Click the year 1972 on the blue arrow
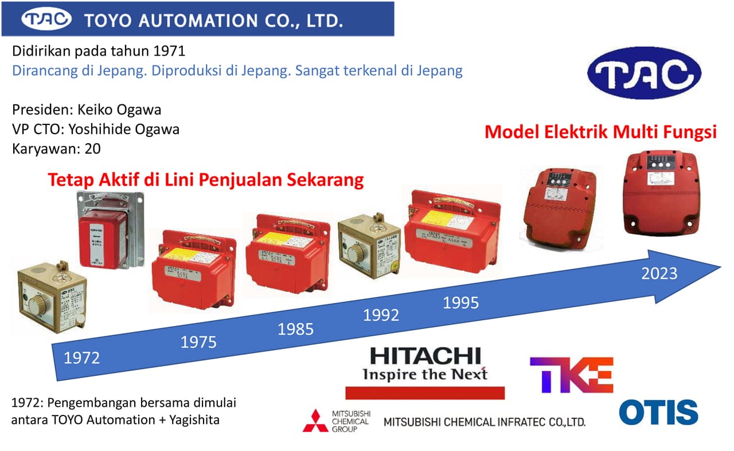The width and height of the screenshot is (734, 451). pyautogui.click(x=81, y=358)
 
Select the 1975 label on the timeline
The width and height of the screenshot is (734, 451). pyautogui.click(x=198, y=343)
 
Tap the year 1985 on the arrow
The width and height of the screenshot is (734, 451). pyautogui.click(x=295, y=329)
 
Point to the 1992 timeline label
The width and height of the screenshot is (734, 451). pyautogui.click(x=381, y=315)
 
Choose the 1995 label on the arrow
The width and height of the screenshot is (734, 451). pyautogui.click(x=460, y=303)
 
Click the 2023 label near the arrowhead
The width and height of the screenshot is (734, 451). pyautogui.click(x=659, y=273)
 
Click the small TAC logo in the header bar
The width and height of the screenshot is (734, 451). pyautogui.click(x=46, y=20)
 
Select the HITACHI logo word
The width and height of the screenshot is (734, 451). pyautogui.click(x=425, y=355)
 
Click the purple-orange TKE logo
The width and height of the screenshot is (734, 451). pyautogui.click(x=571, y=375)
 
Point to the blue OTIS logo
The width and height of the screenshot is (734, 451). pyautogui.click(x=658, y=412)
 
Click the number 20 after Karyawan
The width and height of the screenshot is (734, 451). pyautogui.click(x=92, y=149)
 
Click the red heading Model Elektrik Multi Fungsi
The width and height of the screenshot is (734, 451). pyautogui.click(x=600, y=132)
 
